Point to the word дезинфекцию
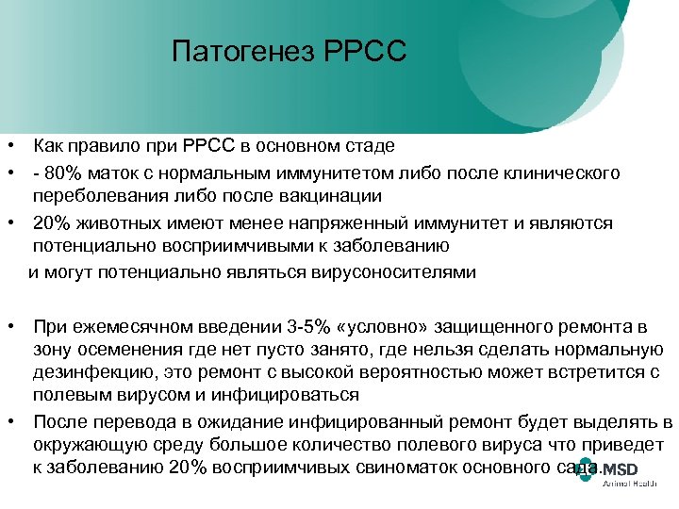click(90, 373)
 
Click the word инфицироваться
click(292, 396)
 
